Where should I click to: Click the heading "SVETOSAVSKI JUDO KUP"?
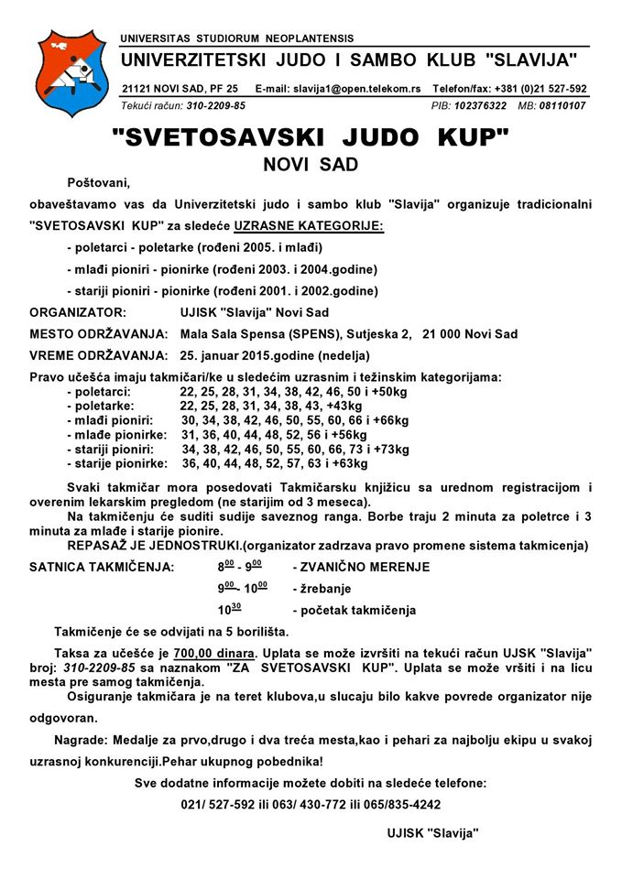pyautogui.click(x=310, y=138)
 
